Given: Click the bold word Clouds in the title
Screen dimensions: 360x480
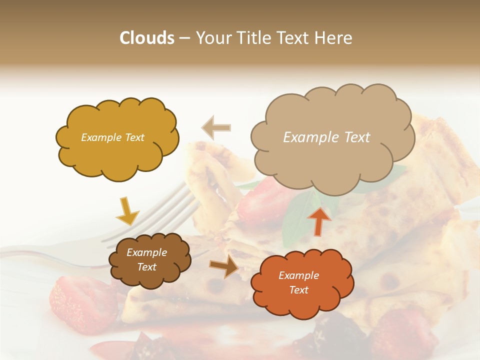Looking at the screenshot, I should [x=147, y=38].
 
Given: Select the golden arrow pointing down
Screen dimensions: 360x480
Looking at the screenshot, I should [x=127, y=211].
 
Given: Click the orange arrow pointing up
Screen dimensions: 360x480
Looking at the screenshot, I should [x=319, y=220].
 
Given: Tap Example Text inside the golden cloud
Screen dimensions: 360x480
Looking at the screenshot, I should [x=112, y=137].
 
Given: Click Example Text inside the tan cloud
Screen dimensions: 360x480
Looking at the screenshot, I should [x=326, y=137].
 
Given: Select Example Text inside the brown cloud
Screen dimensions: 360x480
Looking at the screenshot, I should [x=146, y=259].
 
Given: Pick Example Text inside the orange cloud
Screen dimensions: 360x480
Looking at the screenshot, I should [x=298, y=282].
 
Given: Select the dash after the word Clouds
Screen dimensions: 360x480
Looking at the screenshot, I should [x=184, y=38].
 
